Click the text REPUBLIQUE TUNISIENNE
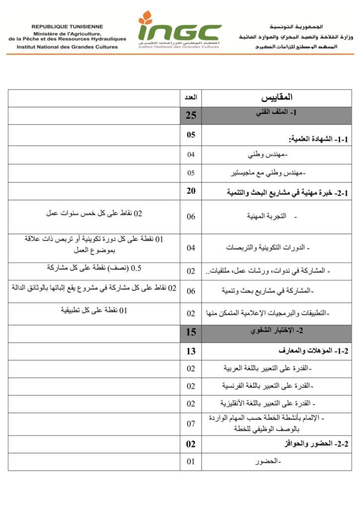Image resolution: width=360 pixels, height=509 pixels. click(x=67, y=26)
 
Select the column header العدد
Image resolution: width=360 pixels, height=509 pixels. click(x=190, y=97)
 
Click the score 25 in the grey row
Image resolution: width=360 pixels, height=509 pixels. click(x=191, y=116)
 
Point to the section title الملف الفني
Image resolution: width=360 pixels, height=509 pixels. click(x=275, y=114)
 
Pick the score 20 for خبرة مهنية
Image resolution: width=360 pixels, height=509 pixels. click(x=191, y=191)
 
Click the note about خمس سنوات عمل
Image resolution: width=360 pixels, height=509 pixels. click(x=94, y=214)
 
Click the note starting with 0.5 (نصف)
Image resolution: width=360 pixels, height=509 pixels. click(x=94, y=268)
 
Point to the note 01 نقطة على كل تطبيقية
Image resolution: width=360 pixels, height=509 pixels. click(x=94, y=310)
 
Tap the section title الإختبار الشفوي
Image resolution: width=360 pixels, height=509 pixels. click(x=276, y=331)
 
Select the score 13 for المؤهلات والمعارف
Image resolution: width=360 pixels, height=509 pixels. click(x=191, y=351)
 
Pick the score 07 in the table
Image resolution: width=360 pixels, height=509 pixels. click(x=191, y=424)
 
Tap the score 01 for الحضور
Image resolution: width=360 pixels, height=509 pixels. click(x=191, y=462)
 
